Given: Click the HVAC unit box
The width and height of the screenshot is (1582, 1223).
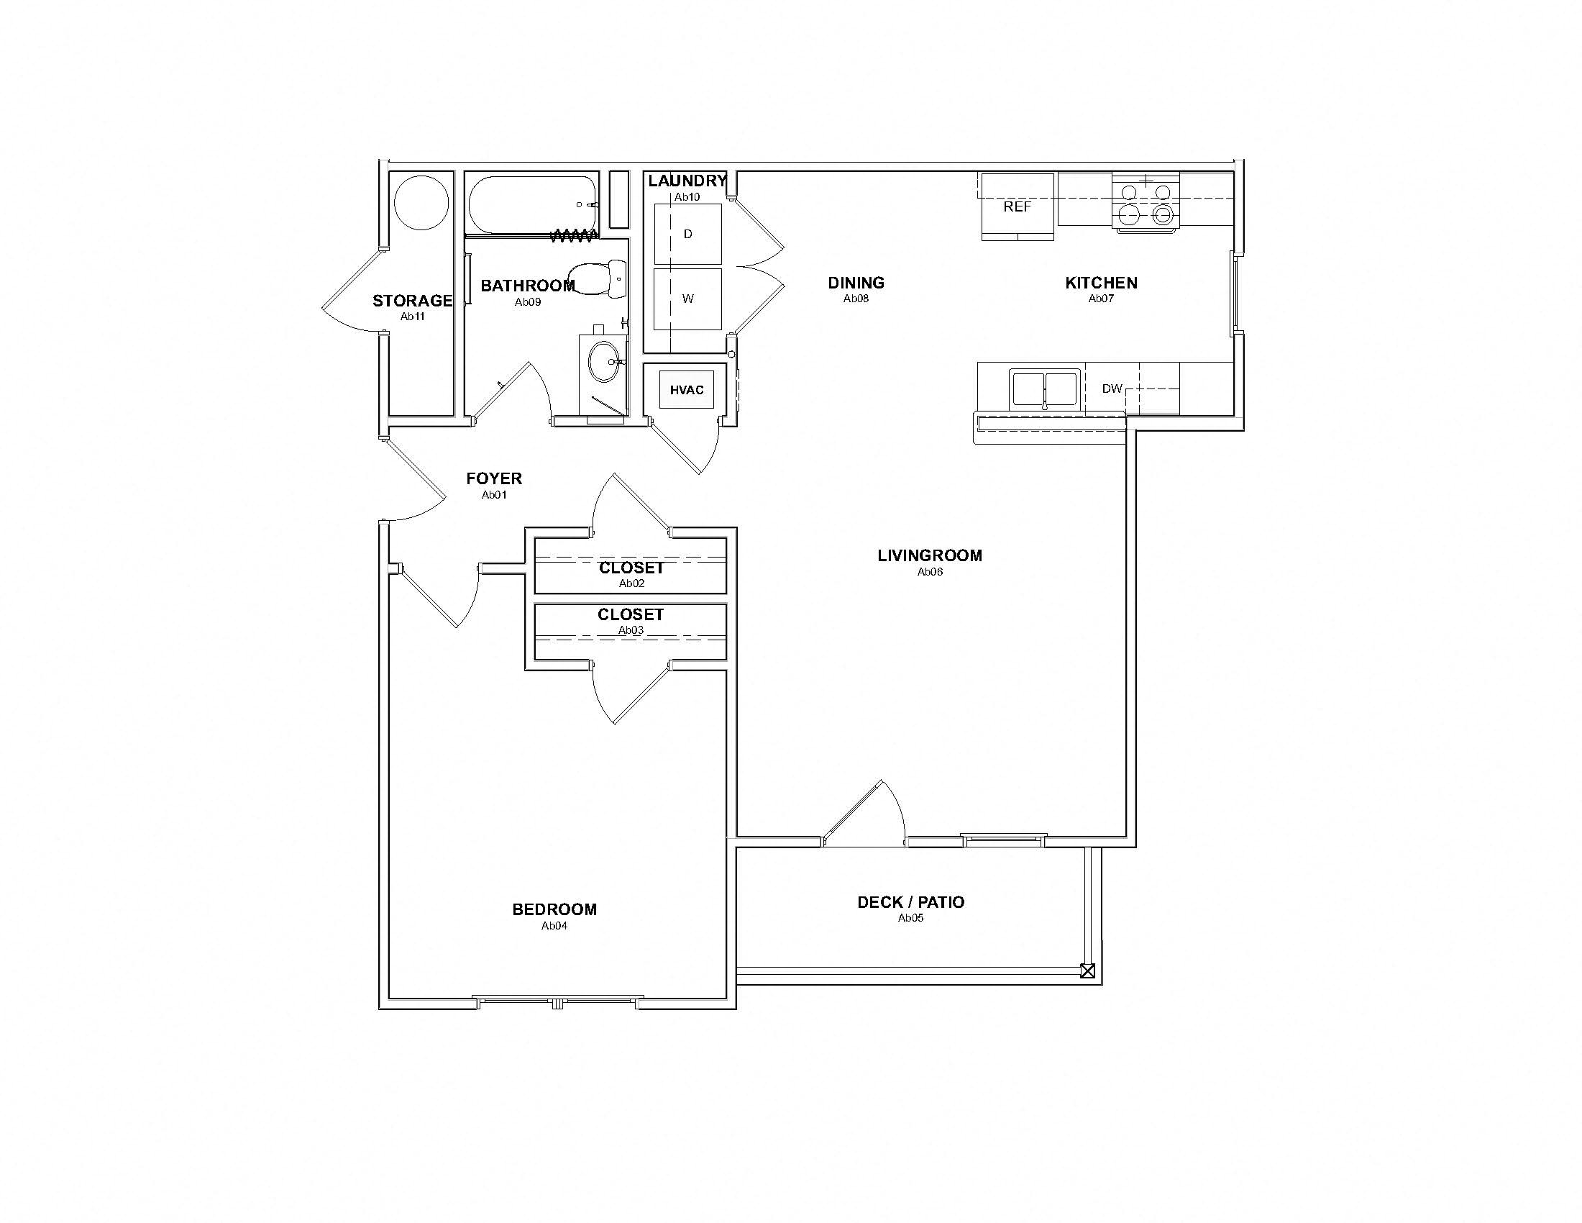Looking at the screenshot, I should (686, 391).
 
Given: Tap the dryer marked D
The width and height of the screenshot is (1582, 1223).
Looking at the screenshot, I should (687, 234).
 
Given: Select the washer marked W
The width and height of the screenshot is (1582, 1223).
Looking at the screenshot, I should (687, 299).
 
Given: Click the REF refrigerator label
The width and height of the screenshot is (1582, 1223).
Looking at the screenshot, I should (1017, 207).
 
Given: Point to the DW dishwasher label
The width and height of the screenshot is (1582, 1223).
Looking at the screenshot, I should (1112, 389).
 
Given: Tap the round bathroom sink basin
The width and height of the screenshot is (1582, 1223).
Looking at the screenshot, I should (604, 362).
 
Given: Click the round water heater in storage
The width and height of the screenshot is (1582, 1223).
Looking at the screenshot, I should (421, 202).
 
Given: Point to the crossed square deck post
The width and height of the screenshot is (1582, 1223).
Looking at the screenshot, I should (1087, 972).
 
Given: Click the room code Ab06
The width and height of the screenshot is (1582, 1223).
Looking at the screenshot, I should (930, 572).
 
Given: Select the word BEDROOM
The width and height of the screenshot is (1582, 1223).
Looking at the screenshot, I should (554, 910).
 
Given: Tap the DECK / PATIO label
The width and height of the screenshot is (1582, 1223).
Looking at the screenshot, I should (910, 903).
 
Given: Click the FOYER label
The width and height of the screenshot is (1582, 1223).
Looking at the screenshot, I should (494, 479).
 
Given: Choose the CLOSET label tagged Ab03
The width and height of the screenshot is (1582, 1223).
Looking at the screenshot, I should (630, 615).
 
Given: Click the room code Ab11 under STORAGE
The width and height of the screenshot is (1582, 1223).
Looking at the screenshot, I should (413, 317).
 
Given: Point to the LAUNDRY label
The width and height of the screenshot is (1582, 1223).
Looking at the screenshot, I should (687, 181).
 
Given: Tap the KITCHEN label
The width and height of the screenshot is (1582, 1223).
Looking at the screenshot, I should (1101, 283).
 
